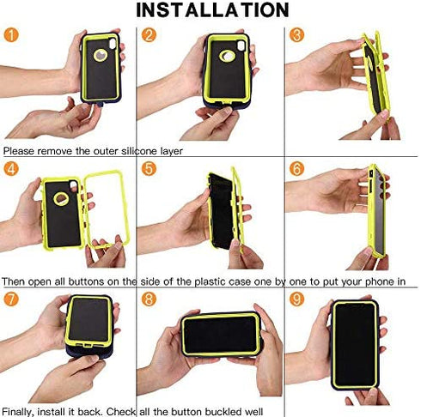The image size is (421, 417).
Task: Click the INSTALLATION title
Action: (x=212, y=9)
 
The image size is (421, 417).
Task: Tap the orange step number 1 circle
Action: (x=11, y=35)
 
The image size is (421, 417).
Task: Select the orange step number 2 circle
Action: (x=149, y=35)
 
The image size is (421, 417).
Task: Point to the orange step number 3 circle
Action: (x=296, y=35)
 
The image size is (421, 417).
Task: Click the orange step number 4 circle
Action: (x=11, y=169)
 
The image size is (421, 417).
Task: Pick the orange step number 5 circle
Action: (x=149, y=169)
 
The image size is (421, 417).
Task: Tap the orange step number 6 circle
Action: (x=296, y=169)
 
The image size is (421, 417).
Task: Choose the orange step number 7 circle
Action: (x=11, y=299)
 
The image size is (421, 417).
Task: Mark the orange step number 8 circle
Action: (x=149, y=299)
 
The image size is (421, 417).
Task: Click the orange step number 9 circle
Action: (x=296, y=299)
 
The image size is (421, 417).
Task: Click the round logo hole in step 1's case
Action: (x=101, y=55)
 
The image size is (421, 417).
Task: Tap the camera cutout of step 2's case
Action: (x=241, y=45)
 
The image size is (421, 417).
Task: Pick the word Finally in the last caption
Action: (x=18, y=412)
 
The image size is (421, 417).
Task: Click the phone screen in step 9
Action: (x=355, y=344)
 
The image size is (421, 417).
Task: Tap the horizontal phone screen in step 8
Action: (x=222, y=335)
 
